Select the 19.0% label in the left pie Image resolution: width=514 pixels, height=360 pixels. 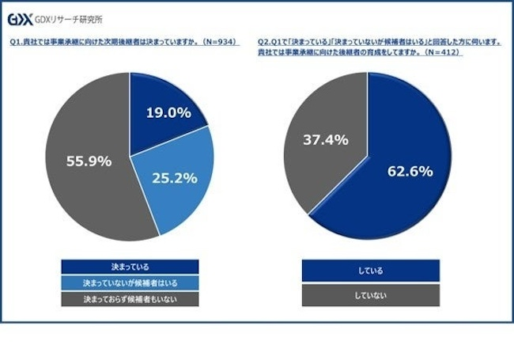coord(168,112)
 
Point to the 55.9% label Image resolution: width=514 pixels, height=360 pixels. coord(88,161)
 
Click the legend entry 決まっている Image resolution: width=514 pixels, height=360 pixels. coord(129,267)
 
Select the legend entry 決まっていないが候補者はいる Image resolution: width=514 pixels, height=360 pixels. coord(129,282)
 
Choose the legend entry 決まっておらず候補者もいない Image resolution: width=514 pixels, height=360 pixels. coord(129,299)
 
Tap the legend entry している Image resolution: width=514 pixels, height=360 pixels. coord(370,271)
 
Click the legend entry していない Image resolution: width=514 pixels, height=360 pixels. coord(370,295)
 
